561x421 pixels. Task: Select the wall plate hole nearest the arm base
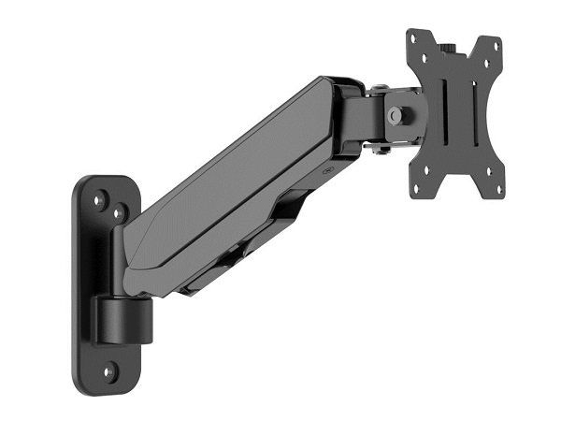tap(120, 213)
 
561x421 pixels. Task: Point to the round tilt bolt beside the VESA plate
tap(396, 115)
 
